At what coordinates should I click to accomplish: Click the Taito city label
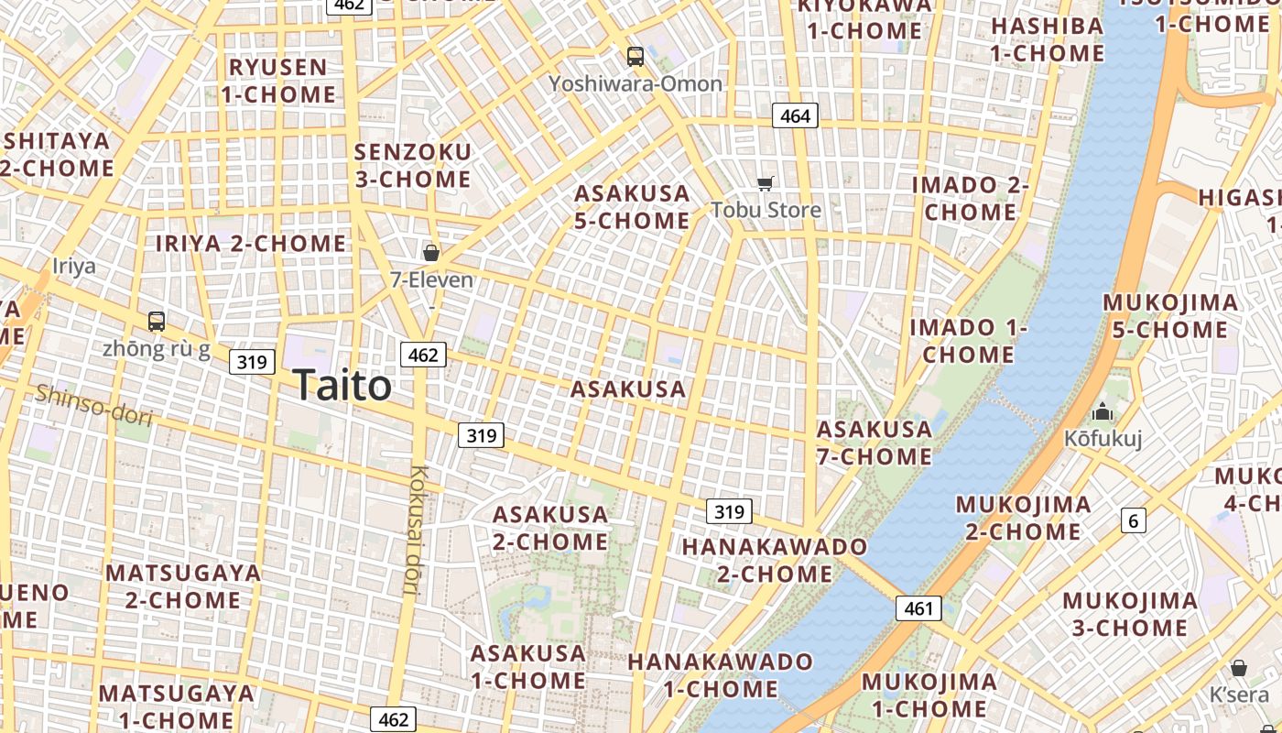point(342,386)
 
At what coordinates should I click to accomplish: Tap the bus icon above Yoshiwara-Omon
point(635,57)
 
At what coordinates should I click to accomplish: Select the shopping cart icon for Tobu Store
point(766,183)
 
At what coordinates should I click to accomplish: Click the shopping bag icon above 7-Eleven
point(431,252)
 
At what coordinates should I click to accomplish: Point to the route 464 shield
point(795,116)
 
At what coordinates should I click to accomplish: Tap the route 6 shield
point(1134,521)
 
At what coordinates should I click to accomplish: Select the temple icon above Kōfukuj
point(1103,411)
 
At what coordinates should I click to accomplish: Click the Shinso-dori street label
point(93,405)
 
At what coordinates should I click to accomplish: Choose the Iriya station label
point(73,267)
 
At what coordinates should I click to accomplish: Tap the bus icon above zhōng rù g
point(157,322)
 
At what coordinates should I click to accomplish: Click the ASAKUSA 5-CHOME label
point(632,207)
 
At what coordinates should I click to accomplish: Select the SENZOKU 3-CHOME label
point(412,166)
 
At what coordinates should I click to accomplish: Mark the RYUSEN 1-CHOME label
point(278,81)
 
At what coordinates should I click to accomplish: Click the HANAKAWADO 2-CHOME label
point(775,560)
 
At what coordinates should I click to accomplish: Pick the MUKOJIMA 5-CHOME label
point(1170,316)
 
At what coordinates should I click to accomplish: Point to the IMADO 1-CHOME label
point(968,341)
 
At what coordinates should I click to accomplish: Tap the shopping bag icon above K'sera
point(1239,667)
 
